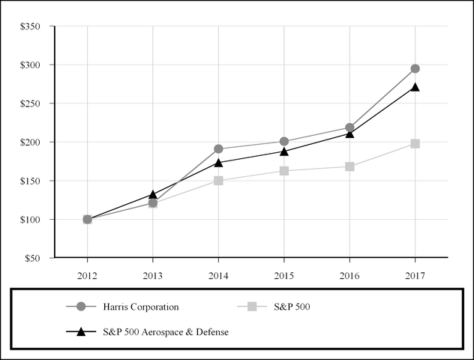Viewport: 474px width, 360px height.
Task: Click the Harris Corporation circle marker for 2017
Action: [415, 69]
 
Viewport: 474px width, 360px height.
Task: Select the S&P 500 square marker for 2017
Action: [415, 143]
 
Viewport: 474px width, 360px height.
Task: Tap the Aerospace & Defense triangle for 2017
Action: [415, 87]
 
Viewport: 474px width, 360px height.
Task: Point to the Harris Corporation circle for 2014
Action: [218, 148]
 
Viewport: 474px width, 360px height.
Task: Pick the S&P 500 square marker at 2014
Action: [218, 180]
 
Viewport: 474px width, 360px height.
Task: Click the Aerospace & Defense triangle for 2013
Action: [153, 194]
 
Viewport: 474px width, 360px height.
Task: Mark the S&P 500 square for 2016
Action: [349, 166]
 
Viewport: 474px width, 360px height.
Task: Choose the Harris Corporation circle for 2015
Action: [284, 141]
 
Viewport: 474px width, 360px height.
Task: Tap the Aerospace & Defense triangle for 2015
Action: [284, 151]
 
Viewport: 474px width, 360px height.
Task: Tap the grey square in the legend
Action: [252, 306]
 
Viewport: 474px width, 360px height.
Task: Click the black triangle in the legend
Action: [82, 331]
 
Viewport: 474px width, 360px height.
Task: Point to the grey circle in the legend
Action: [82, 306]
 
